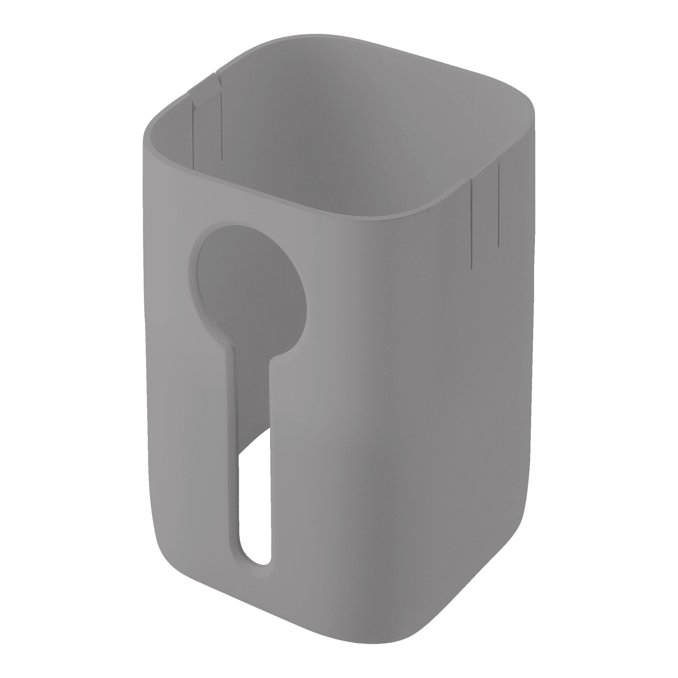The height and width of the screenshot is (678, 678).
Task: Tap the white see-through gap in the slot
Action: point(255,498)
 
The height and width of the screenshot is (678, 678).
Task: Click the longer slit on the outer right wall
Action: point(472,225)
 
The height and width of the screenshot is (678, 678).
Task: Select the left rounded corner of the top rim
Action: point(149,130)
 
